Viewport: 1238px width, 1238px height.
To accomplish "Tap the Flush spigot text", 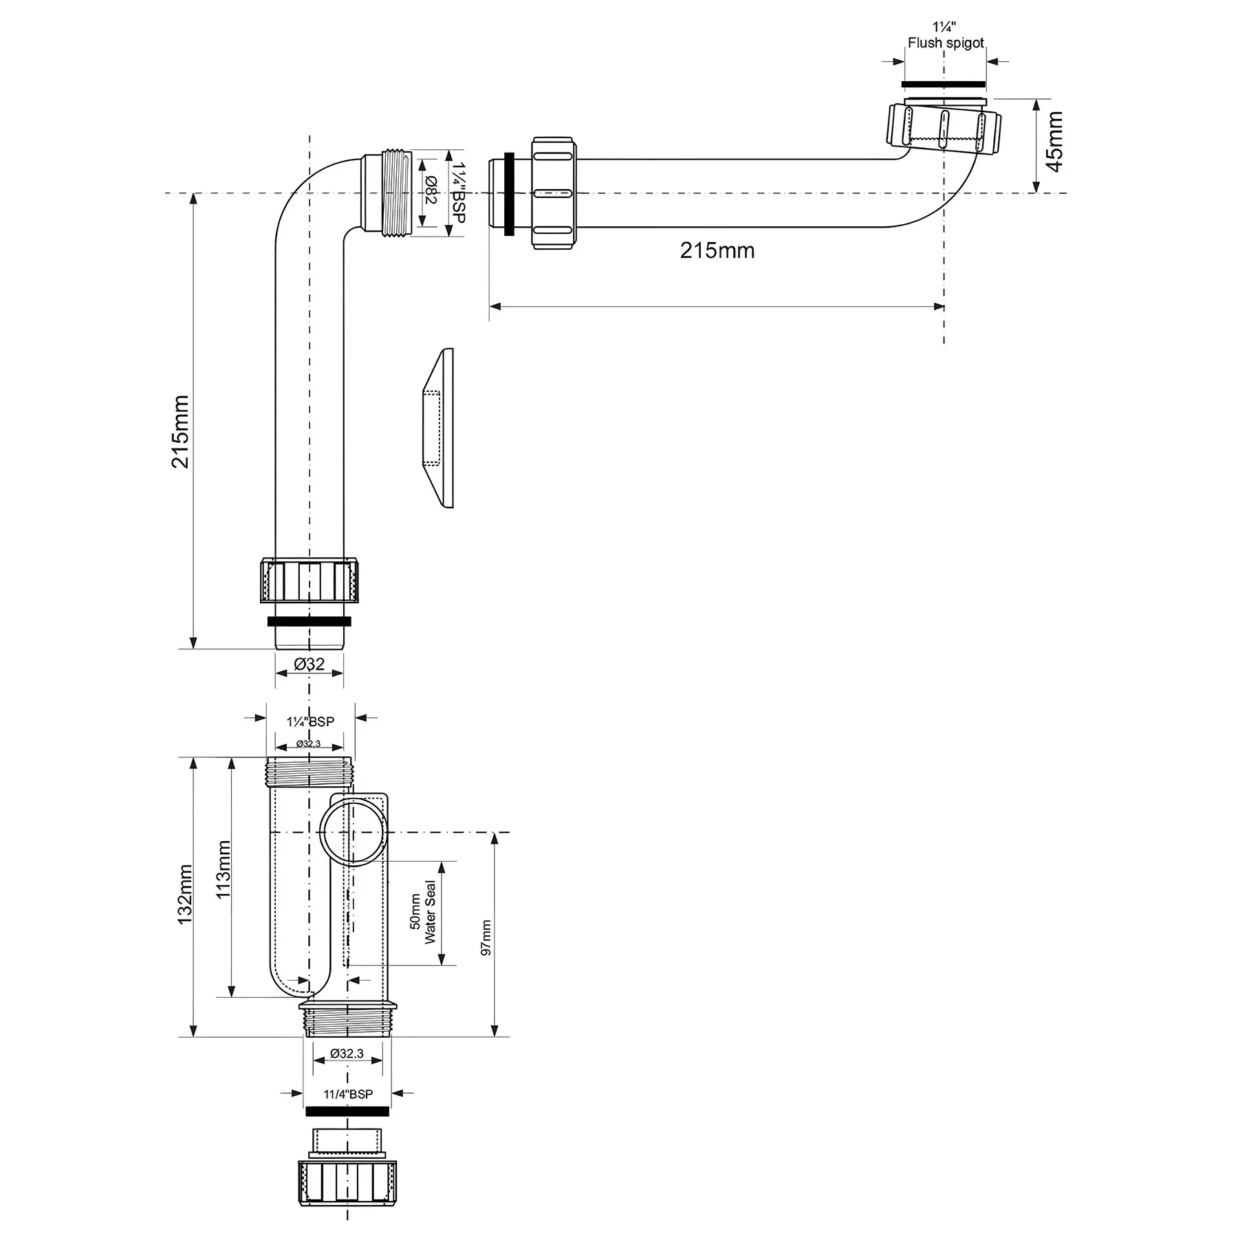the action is tap(946, 43).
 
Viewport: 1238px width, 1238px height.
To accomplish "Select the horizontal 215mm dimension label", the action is tap(717, 250).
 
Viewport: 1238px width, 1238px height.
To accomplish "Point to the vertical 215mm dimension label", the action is tap(180, 431).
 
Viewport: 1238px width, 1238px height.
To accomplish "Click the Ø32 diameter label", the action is tap(309, 664).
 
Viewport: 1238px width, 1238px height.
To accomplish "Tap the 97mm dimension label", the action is tap(486, 937).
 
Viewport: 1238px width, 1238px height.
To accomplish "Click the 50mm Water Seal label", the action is tap(423, 912).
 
